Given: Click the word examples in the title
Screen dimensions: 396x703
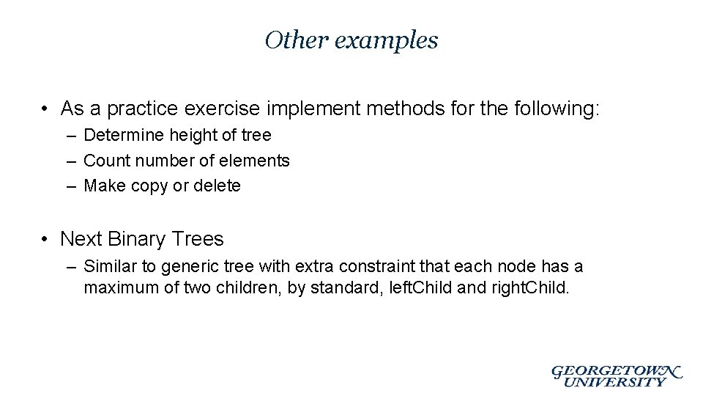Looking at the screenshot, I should (386, 40).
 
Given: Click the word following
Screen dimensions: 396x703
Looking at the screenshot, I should (554, 109).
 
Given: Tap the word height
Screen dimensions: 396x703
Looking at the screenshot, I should (192, 136).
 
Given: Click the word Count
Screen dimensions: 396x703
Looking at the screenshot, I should (108, 161).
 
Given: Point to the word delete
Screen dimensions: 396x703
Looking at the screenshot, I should (217, 186).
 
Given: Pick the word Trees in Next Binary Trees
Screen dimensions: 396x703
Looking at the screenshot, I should (198, 239).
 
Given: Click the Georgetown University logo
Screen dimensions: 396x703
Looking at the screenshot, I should (617, 375).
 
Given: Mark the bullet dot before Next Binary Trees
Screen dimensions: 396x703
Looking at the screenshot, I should (45, 239).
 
